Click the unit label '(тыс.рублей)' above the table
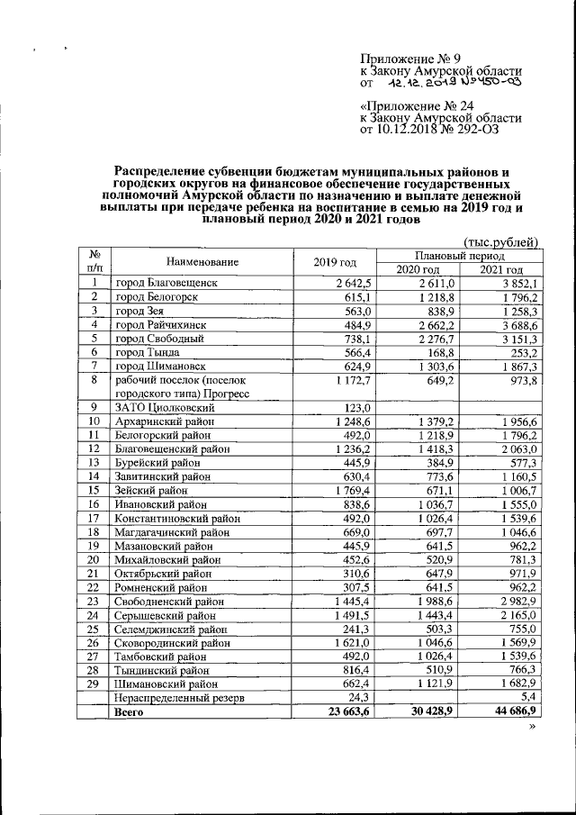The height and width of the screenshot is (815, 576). (499, 241)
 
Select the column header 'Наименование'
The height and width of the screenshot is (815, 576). (189, 262)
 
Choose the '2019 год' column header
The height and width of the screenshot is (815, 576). (335, 262)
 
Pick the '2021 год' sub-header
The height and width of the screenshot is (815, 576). (500, 269)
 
